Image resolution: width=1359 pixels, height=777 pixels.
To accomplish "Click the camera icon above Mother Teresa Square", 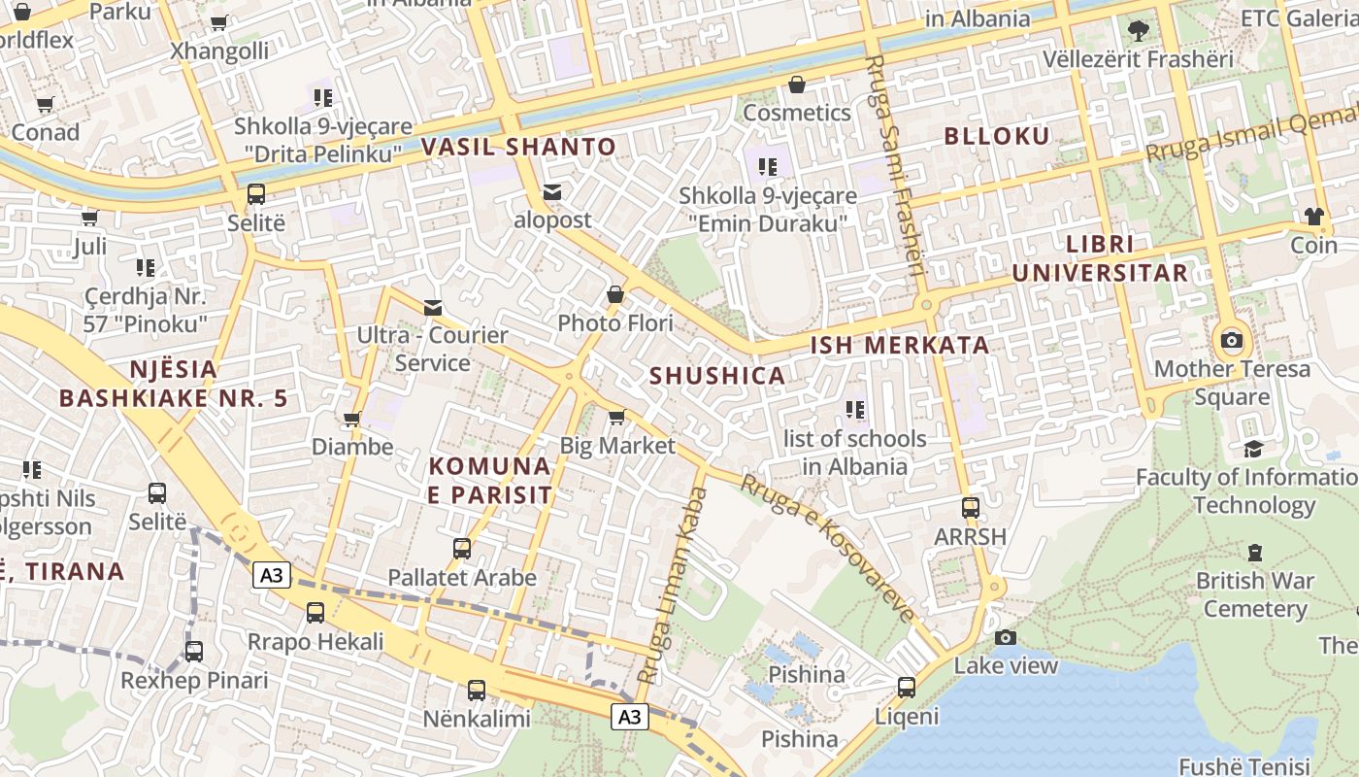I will click(1232, 340).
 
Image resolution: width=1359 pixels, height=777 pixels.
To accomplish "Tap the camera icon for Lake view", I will click(1006, 637).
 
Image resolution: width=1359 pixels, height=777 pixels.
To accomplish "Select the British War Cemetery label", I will click(1255, 594).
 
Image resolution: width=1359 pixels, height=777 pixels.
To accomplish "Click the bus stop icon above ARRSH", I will click(970, 507).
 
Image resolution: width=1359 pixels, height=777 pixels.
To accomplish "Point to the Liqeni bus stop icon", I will click(907, 688).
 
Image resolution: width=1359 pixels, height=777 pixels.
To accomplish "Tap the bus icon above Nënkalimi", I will click(476, 691).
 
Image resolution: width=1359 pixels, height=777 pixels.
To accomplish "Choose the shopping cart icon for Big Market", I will click(616, 418).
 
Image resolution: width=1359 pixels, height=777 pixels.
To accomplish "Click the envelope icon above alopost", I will click(552, 191).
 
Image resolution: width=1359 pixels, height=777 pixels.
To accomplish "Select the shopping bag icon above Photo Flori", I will click(615, 293).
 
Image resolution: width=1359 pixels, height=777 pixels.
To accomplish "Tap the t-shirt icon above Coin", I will click(1314, 216).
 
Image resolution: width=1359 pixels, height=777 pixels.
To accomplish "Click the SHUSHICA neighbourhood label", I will click(717, 376).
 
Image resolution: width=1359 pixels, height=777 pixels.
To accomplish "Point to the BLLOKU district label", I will click(997, 136).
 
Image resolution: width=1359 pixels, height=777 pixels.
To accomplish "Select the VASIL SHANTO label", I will click(518, 148).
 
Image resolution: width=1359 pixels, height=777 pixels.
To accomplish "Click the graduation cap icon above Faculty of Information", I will click(1254, 449).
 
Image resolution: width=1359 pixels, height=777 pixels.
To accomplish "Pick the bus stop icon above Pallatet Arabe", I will click(462, 549).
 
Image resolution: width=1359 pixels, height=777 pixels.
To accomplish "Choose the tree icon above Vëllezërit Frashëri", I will click(1139, 31).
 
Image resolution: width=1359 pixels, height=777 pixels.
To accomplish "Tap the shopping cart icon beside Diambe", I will click(351, 420).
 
